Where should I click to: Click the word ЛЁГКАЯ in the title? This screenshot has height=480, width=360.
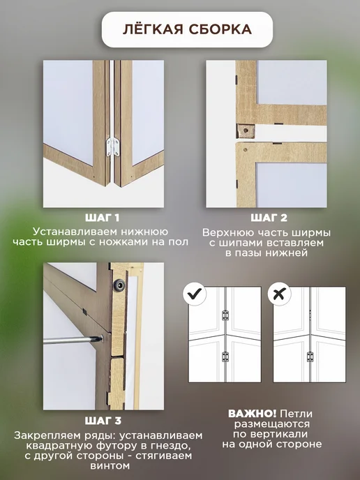tap(153, 29)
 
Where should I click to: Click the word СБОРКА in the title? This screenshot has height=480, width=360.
tap(220, 29)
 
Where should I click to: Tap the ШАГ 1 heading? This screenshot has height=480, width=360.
tap(103, 218)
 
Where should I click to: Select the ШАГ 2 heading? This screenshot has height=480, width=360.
tap(269, 218)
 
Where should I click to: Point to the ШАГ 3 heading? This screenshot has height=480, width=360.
tap(103, 421)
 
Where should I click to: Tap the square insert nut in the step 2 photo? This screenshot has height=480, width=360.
tap(246, 130)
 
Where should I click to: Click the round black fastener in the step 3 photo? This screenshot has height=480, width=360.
tap(119, 285)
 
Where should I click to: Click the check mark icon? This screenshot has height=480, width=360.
tap(195, 294)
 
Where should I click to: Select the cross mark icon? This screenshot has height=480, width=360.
tap(279, 294)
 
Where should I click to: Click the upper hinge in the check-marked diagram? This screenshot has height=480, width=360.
tap(225, 315)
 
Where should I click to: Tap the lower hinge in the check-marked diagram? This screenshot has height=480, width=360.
tap(225, 357)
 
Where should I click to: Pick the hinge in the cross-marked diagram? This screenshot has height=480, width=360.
tap(310, 357)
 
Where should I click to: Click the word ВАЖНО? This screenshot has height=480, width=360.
tap(253, 414)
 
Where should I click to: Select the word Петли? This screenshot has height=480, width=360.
tap(297, 414)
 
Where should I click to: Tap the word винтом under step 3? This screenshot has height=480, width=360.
tap(110, 466)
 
